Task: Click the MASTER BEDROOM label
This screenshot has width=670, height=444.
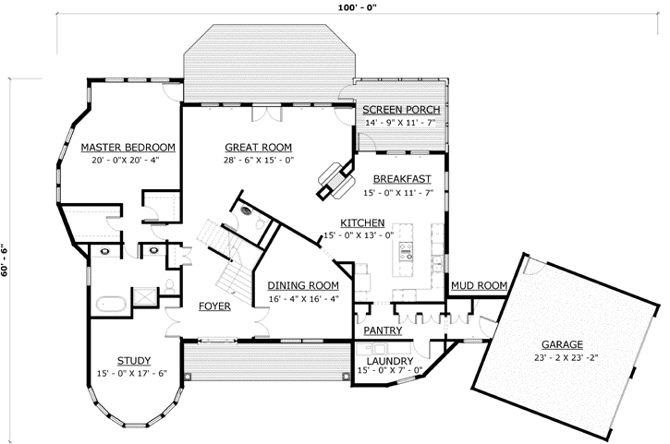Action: click(x=128, y=147)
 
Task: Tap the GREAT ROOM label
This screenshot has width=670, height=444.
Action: click(x=259, y=147)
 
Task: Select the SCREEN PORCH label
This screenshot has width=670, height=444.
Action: click(x=401, y=110)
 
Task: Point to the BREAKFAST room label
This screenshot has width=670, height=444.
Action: click(x=403, y=178)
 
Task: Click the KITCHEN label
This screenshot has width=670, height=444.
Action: click(x=362, y=223)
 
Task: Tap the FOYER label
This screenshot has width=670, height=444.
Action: click(x=214, y=306)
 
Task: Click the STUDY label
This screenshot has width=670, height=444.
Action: click(x=134, y=360)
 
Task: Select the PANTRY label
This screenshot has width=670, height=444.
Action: click(x=381, y=330)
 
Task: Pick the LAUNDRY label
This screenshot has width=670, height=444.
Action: click(x=388, y=360)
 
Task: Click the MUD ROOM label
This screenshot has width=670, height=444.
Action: click(x=479, y=286)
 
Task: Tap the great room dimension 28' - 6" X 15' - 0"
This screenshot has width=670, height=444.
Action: click(x=259, y=160)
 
